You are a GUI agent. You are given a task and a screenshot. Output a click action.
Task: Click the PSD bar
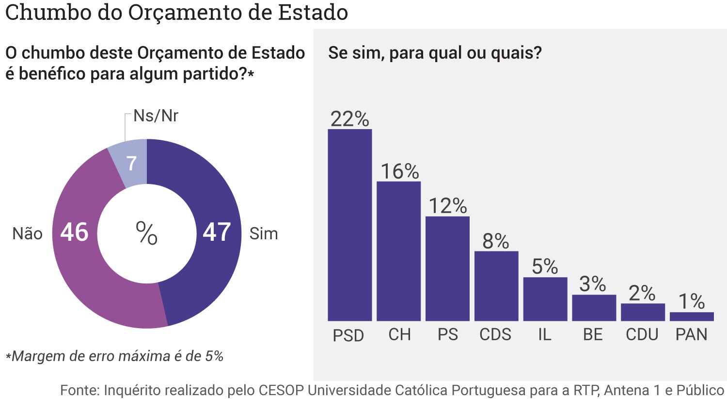349,225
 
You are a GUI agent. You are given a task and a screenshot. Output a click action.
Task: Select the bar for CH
398,251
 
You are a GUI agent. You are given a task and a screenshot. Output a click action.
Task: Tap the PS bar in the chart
447,268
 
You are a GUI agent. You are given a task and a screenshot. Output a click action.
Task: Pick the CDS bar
496,286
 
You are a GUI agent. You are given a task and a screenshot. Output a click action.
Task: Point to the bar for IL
545,299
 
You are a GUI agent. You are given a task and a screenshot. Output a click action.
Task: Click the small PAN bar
692,316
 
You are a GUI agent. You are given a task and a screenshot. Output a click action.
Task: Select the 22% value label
349,119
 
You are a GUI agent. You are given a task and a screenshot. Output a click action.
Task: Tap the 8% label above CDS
495,241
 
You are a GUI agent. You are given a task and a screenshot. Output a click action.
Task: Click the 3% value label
592,284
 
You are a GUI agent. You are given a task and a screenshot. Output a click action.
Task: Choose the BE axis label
593,334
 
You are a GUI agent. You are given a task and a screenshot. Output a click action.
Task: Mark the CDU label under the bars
642,334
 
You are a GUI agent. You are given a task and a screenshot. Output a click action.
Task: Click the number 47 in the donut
217,233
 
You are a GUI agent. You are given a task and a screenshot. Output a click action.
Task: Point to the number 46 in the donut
74,233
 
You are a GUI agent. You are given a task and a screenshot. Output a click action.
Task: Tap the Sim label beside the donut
264,234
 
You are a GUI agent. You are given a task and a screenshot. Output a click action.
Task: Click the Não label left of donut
27,234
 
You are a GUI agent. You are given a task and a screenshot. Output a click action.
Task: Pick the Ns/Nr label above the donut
156,116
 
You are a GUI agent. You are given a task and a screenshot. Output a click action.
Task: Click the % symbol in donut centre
146,233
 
